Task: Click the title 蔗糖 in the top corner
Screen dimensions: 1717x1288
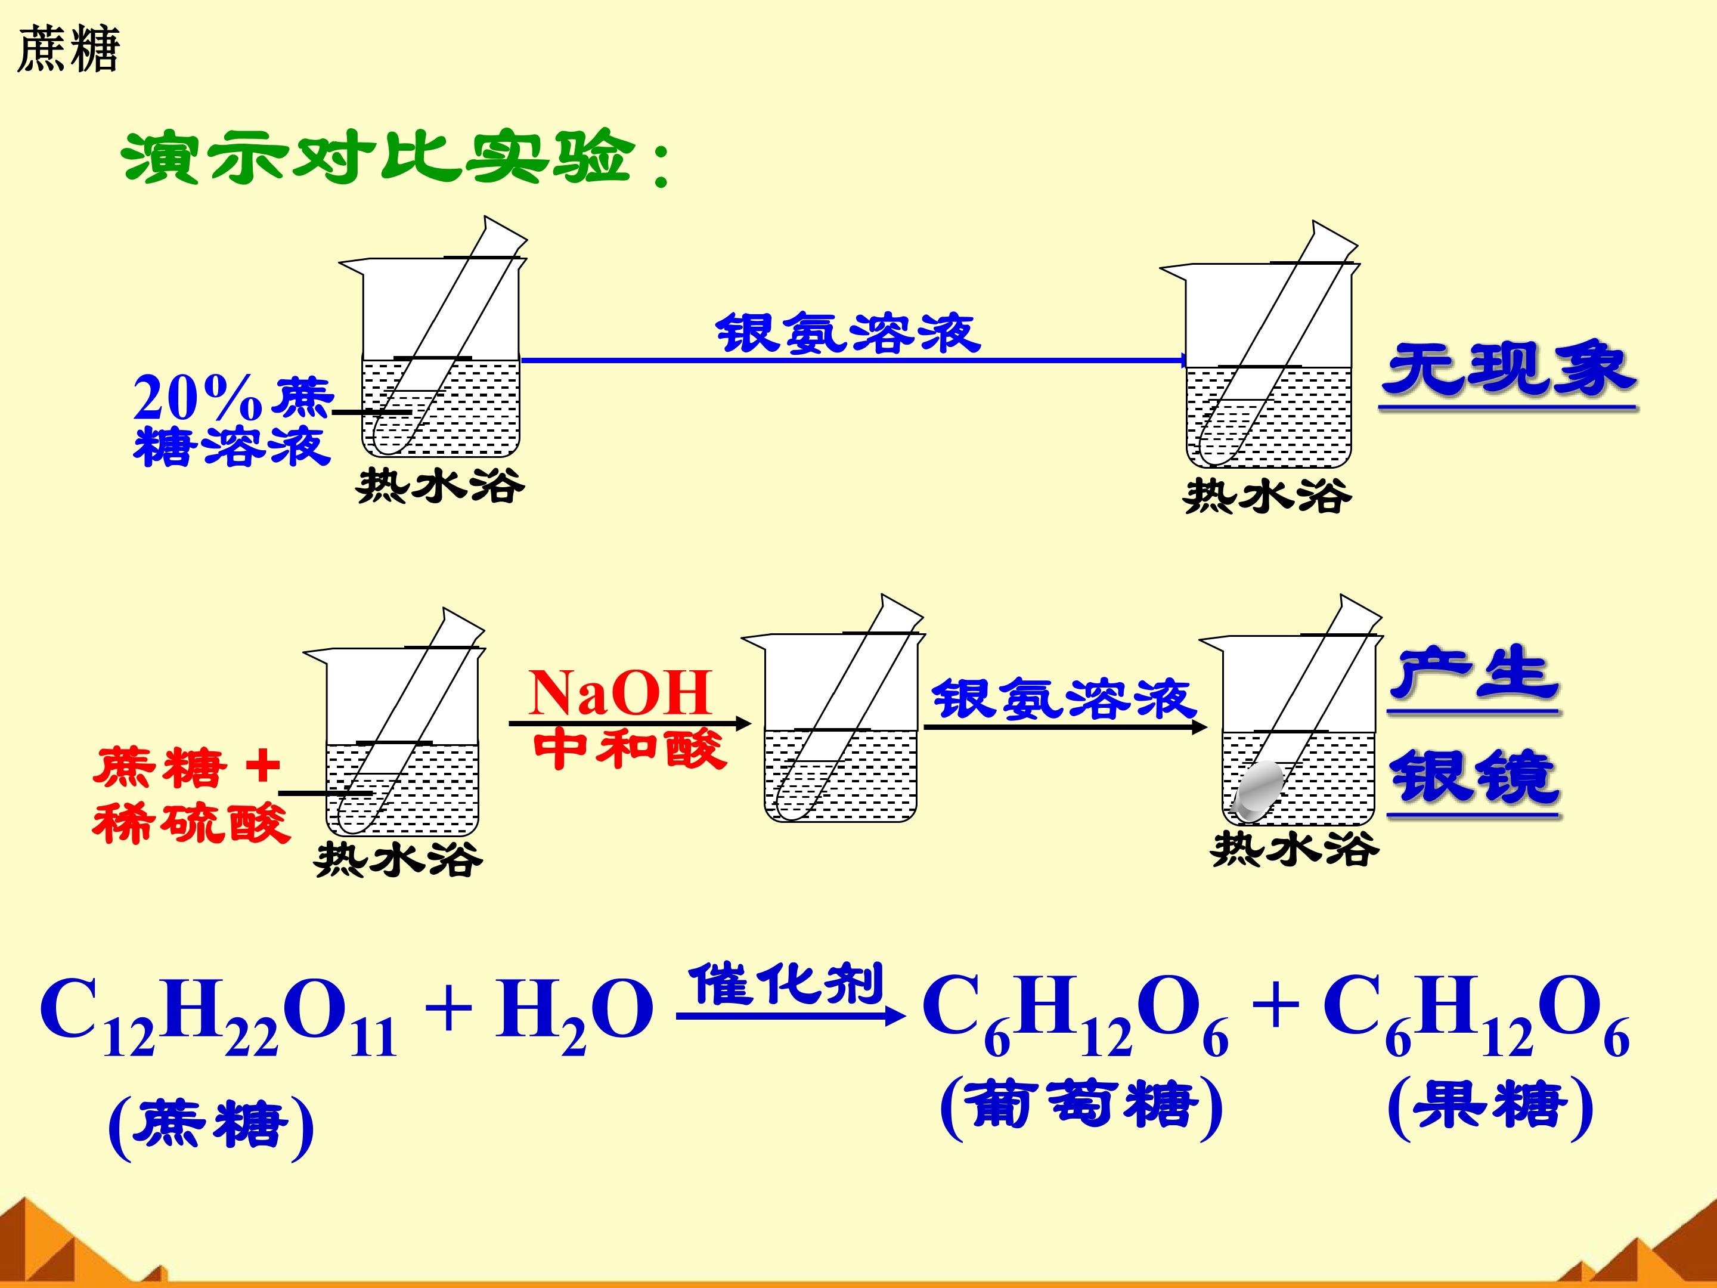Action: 69,49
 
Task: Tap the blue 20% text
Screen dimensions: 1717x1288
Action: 197,398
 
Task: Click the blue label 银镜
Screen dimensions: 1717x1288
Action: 1474,776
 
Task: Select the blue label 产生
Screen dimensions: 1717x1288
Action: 1474,673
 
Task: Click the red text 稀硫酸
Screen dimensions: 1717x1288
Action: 191,823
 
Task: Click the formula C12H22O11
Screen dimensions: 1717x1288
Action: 218,1013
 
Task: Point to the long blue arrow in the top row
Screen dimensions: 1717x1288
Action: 854,360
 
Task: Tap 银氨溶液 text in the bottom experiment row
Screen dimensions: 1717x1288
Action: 1064,699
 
